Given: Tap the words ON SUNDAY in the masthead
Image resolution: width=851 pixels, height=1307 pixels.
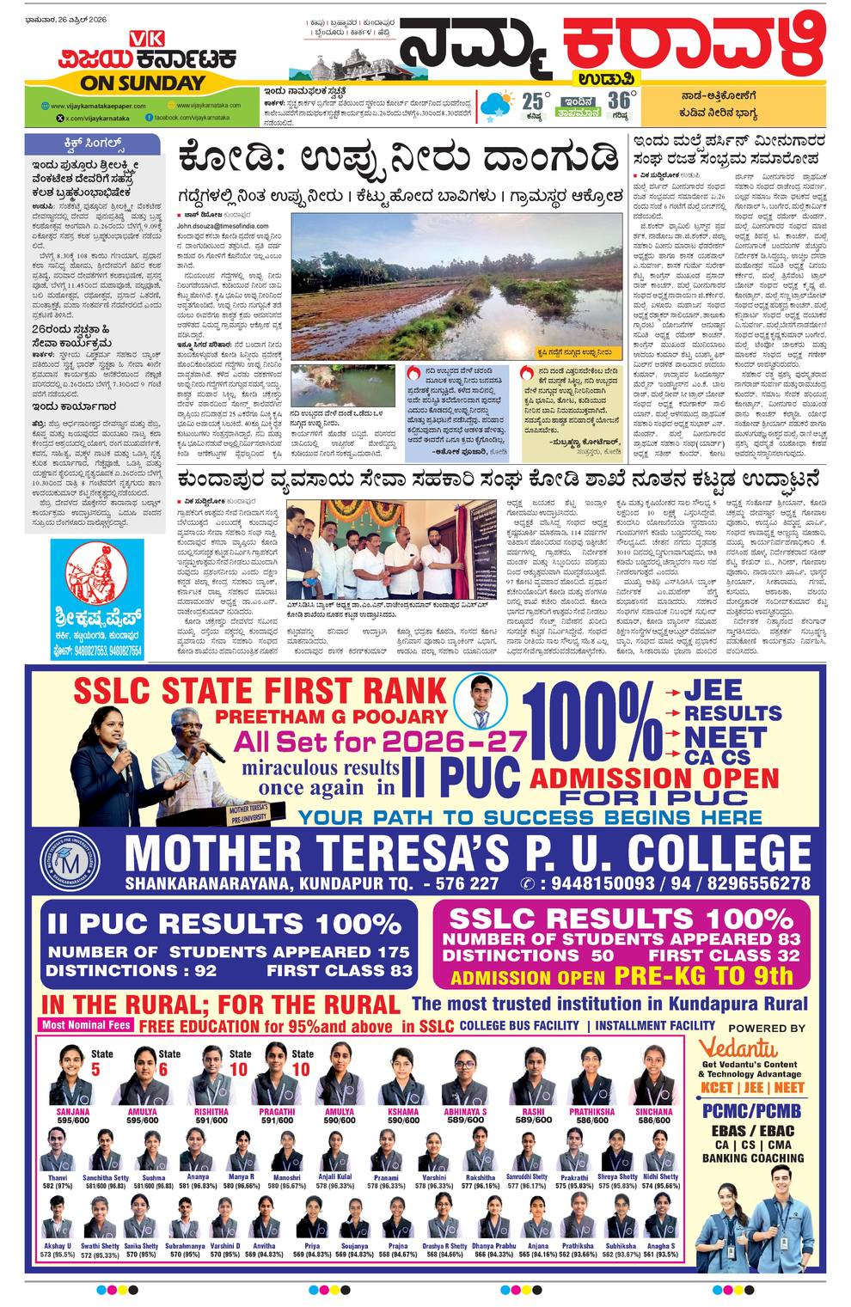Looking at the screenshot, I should pyautogui.click(x=143, y=83).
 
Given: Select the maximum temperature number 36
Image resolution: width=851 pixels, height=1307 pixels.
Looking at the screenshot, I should pyautogui.click(x=619, y=101).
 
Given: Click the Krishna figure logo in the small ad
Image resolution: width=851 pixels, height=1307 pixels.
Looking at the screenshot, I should pyautogui.click(x=84, y=571).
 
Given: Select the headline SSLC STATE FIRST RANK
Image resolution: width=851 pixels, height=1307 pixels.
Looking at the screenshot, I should pyautogui.click(x=260, y=690).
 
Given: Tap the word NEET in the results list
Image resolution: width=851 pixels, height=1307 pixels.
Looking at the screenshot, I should pyautogui.click(x=725, y=737).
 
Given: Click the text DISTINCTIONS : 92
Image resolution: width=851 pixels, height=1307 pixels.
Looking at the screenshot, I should pyautogui.click(x=131, y=971).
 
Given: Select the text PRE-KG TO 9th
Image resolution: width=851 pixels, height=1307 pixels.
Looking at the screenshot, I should pyautogui.click(x=703, y=976).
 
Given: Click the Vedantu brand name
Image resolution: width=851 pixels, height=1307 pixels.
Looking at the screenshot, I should pyautogui.click(x=738, y=1048).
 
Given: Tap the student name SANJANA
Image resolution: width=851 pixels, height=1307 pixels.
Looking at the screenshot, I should pyautogui.click(x=73, y=1111).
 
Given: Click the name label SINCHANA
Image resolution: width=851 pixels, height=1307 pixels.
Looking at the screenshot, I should pyautogui.click(x=654, y=1111).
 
